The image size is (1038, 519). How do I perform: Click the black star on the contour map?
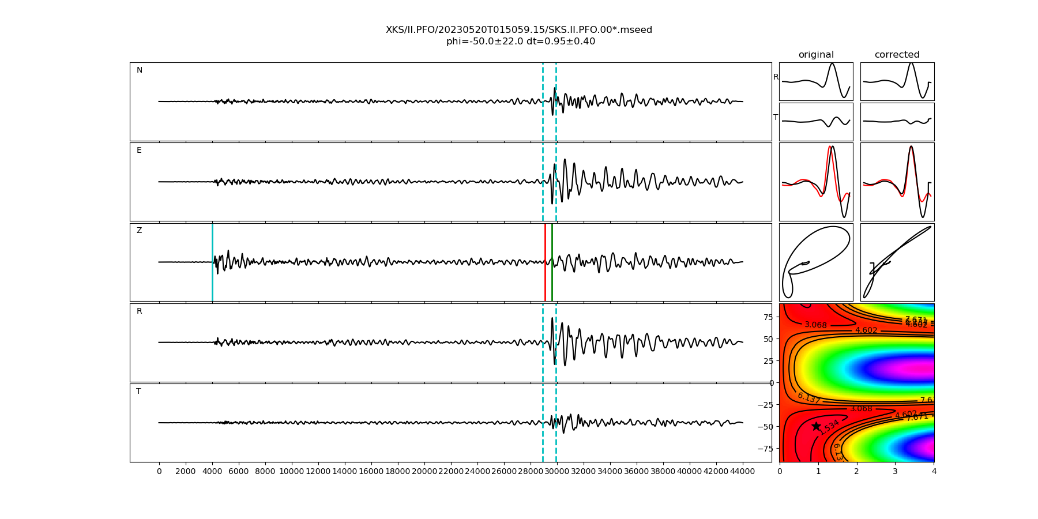[816, 426]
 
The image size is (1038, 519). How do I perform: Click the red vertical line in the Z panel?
[545, 262]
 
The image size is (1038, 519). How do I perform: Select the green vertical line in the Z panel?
[552, 262]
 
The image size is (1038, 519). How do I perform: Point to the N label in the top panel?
[140, 70]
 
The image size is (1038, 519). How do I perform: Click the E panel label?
[139, 151]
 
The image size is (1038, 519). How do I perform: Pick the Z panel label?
[139, 231]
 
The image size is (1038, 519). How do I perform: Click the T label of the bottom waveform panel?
[138, 392]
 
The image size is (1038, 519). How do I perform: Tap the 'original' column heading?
[816, 55]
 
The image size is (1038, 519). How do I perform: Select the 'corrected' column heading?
[897, 55]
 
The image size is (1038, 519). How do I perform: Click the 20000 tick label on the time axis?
[424, 472]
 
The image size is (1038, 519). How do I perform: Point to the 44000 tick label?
[742, 472]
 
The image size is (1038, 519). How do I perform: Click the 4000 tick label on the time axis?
[212, 472]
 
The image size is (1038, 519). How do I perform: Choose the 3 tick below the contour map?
[895, 472]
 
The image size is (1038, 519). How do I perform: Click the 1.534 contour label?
[829, 427]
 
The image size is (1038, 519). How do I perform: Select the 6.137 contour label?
[808, 398]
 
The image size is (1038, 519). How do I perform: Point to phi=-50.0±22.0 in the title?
[484, 42]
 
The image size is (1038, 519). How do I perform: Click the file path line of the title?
[519, 30]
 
